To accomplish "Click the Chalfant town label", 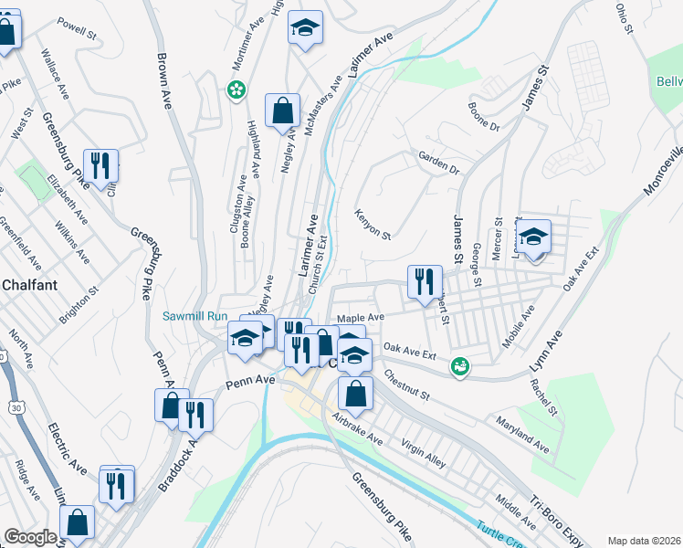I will pos(29,285).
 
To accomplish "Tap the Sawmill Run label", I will pos(194,316).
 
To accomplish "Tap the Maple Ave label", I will pos(361,318).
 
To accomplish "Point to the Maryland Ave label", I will pos(522,436).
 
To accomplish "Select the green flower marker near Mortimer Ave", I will pos(236,90).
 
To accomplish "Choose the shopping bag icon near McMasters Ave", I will pos(282,111).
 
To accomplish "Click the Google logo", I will pos(30,537).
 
